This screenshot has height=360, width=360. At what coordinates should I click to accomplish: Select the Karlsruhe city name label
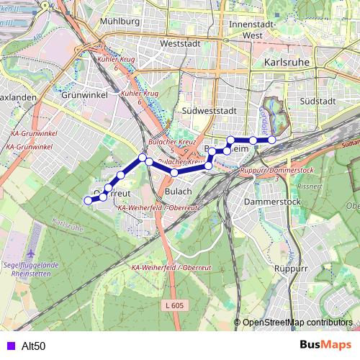(287, 62)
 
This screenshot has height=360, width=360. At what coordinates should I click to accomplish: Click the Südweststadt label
(210, 112)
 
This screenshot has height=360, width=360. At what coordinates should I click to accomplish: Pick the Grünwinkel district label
(85, 94)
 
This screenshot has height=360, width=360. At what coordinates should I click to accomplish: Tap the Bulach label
(179, 192)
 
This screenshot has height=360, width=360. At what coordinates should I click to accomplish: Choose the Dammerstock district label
(272, 203)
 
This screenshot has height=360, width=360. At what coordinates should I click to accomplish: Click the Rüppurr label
(292, 268)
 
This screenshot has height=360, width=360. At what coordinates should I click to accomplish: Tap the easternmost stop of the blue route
(272, 140)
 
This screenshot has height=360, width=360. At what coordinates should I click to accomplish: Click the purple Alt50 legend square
(9, 346)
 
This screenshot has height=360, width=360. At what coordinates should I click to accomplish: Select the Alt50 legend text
(34, 346)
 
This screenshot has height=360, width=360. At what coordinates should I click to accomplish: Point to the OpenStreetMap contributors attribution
(297, 322)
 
